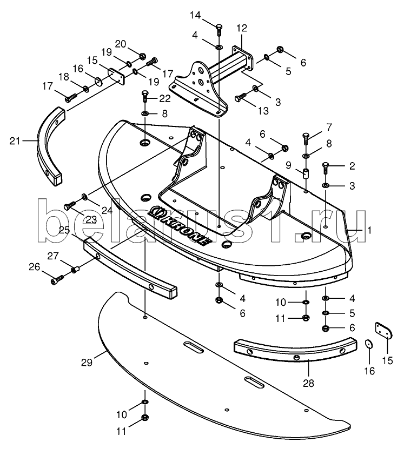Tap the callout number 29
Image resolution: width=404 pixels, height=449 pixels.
click(x=87, y=362)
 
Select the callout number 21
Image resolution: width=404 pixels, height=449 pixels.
click(x=15, y=141)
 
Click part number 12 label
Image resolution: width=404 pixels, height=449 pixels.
click(x=242, y=28)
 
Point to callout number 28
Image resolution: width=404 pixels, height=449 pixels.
click(x=308, y=383)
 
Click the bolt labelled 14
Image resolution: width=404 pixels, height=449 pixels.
click(x=219, y=30)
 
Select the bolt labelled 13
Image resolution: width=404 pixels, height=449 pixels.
click(x=241, y=97)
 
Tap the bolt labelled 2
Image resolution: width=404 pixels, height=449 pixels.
click(x=325, y=169)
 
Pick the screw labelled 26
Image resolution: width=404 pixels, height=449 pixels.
click(x=58, y=279)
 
